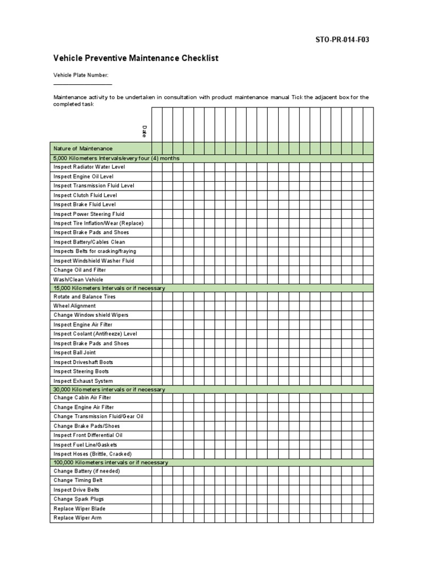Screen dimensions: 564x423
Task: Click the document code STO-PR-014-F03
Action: tap(338, 40)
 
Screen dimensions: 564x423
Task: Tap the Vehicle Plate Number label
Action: tap(80, 75)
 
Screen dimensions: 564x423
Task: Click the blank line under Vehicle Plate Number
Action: tap(83, 84)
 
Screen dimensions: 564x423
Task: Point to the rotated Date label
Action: tap(144, 132)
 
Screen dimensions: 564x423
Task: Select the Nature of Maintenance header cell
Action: tap(83, 149)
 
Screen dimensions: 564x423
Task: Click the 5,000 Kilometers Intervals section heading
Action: tap(116, 158)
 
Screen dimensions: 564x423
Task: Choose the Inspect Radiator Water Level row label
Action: tap(89, 167)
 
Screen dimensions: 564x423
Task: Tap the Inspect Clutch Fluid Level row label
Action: tap(85, 195)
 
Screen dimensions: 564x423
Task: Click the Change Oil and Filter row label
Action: tap(80, 270)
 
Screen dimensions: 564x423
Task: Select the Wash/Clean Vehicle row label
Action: tap(78, 279)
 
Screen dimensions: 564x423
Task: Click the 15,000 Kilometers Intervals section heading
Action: tap(109, 288)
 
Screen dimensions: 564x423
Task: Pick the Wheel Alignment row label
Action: tap(74, 306)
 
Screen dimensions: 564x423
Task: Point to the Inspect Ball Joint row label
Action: tap(75, 352)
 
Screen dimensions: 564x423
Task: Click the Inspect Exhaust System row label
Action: tap(83, 381)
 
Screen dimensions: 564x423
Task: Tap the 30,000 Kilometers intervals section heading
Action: tap(109, 389)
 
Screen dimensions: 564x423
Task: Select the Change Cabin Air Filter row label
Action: tap(82, 398)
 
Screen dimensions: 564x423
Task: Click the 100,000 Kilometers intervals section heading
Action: tap(111, 463)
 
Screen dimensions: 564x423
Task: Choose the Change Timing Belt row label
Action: tap(78, 480)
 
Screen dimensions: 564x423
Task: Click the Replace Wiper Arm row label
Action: tap(78, 518)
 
